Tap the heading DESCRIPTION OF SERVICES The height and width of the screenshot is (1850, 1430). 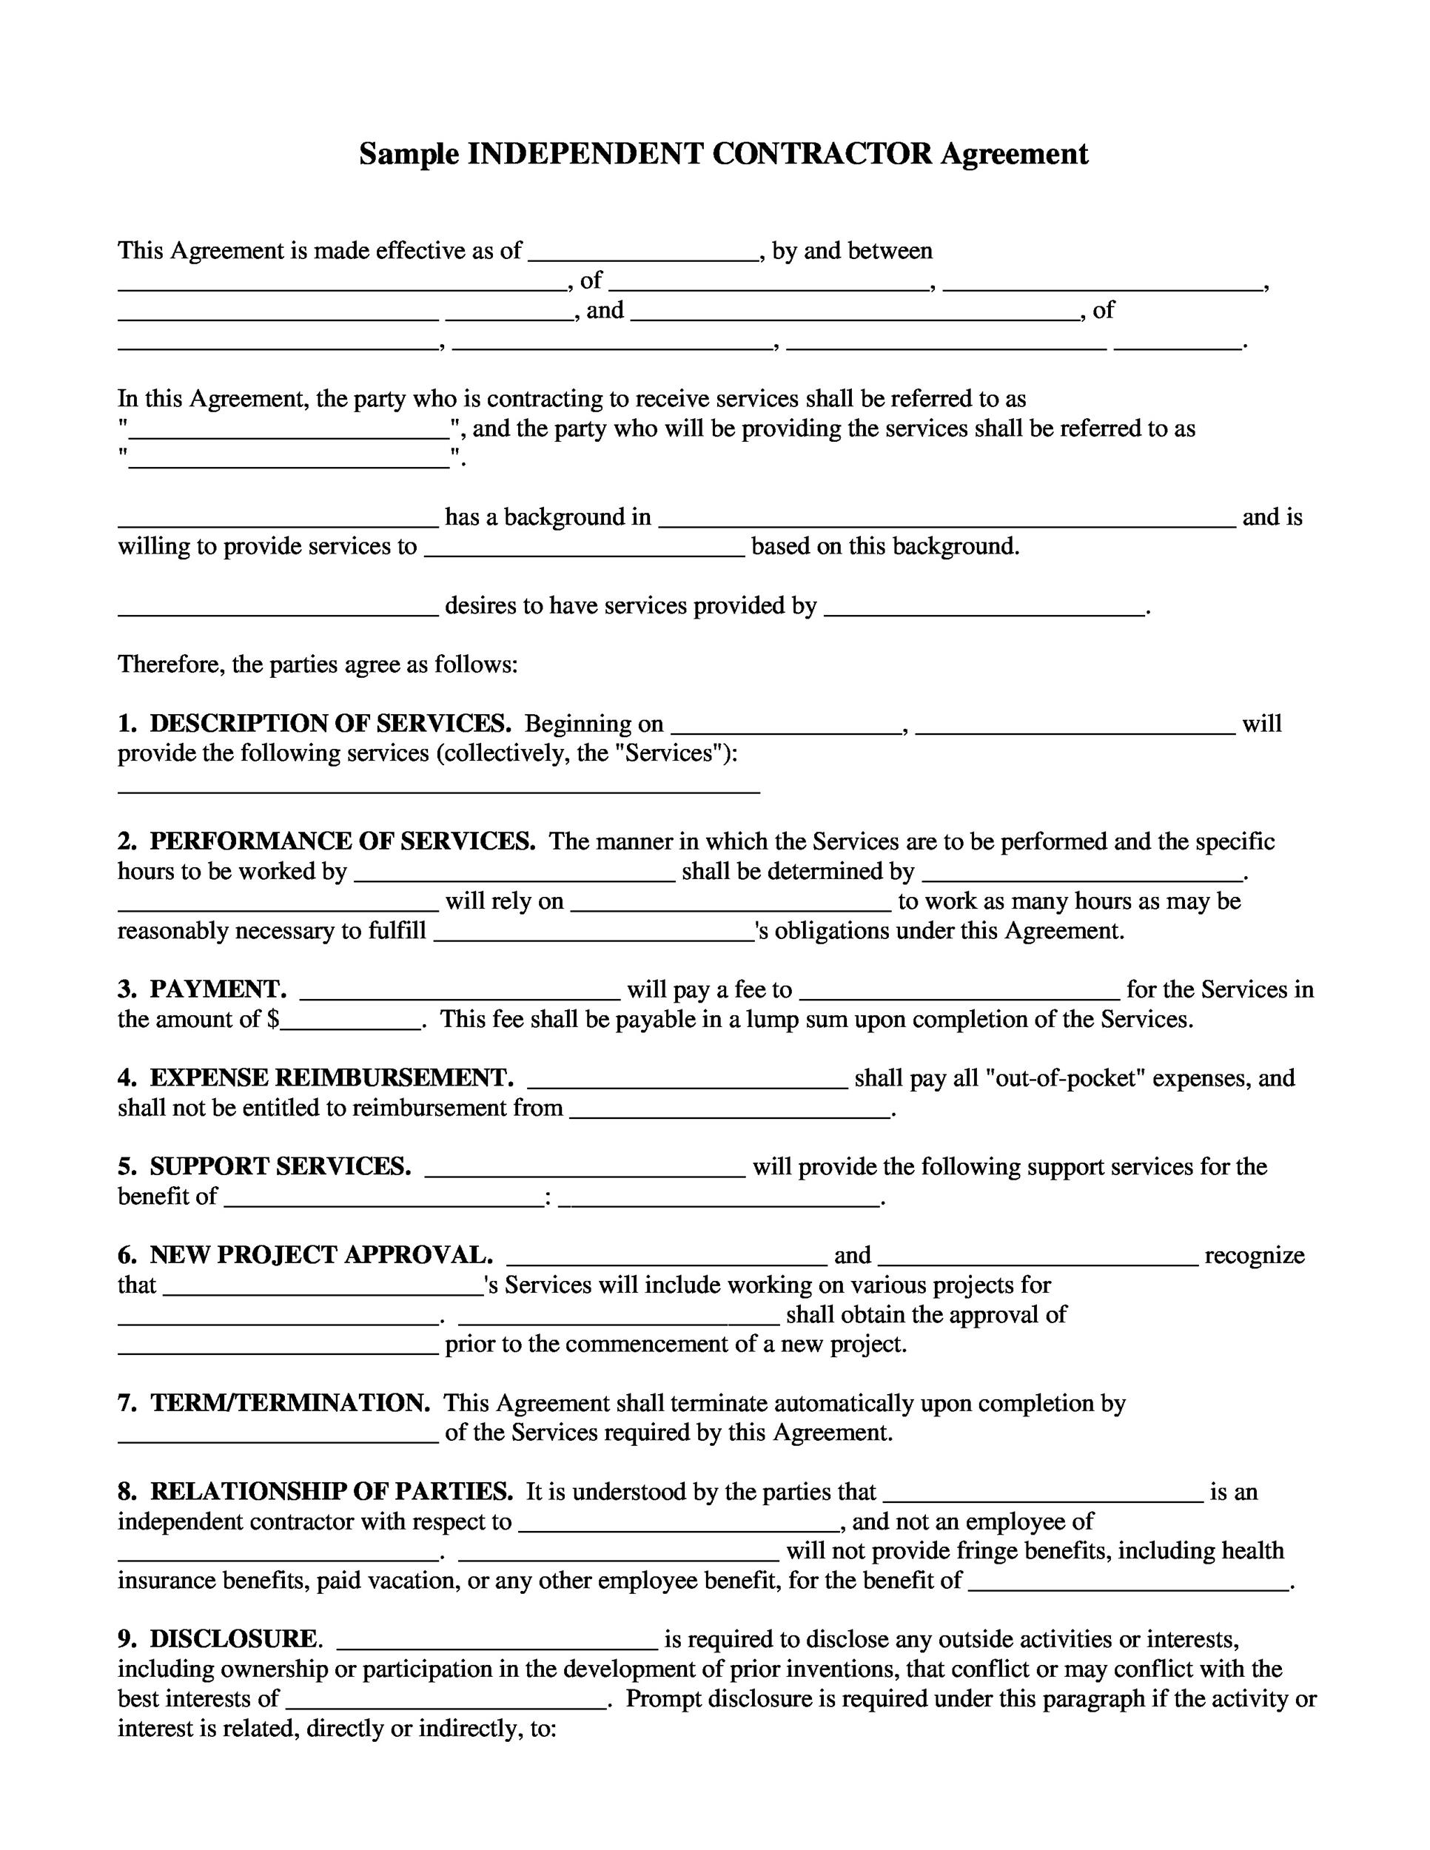coord(330,724)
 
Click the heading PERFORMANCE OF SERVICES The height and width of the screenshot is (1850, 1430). coord(342,841)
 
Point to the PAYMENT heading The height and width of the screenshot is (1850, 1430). coord(218,989)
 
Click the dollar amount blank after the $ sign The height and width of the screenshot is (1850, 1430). coord(352,1020)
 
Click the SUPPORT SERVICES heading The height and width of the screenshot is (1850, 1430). coord(281,1166)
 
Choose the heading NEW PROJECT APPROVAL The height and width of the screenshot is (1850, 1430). coord(321,1254)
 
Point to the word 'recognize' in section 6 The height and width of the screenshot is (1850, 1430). coord(1254,1254)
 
